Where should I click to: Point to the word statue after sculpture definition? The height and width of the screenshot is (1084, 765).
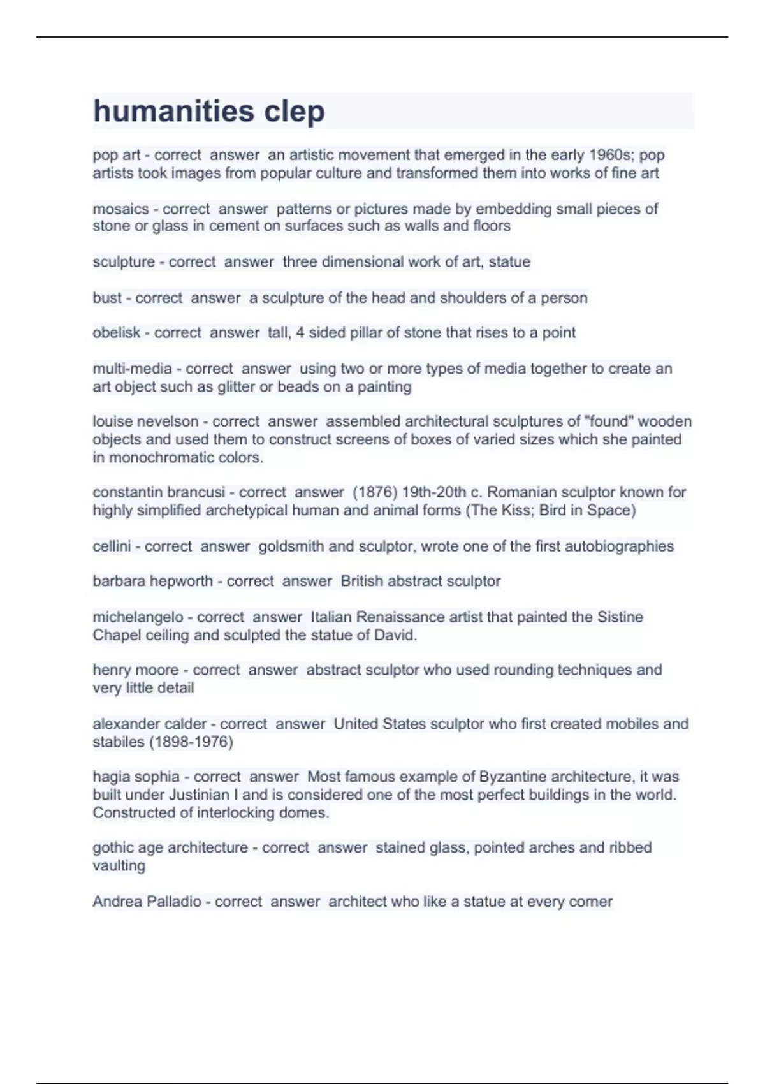[x=509, y=261]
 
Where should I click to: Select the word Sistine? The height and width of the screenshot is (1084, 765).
[x=620, y=617]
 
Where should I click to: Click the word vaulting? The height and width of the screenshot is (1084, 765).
[x=119, y=866]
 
